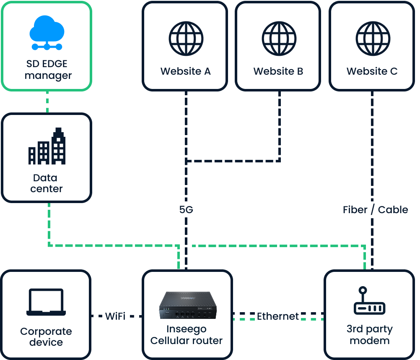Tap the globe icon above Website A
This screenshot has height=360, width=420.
[x=186, y=39]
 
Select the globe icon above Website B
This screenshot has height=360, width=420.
[x=279, y=39]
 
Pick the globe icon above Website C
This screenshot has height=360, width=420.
[x=372, y=39]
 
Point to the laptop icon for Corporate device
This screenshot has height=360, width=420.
[x=46, y=302]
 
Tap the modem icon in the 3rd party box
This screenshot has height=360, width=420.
[x=369, y=302]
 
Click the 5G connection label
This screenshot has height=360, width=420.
[x=186, y=210]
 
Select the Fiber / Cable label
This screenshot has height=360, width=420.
[x=376, y=210]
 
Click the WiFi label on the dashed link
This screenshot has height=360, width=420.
[x=115, y=316]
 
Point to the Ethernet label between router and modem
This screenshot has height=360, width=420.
[x=278, y=316]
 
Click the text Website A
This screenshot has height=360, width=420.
[x=186, y=71]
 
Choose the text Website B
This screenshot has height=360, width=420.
[x=278, y=71]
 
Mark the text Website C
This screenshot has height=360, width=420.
[x=372, y=71]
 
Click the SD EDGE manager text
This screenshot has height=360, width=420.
[x=47, y=70]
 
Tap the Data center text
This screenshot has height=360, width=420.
[x=47, y=183]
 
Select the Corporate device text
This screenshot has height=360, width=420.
[x=46, y=337]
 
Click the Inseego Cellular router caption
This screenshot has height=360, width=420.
[x=187, y=334]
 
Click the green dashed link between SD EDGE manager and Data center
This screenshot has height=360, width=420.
[x=47, y=102]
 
